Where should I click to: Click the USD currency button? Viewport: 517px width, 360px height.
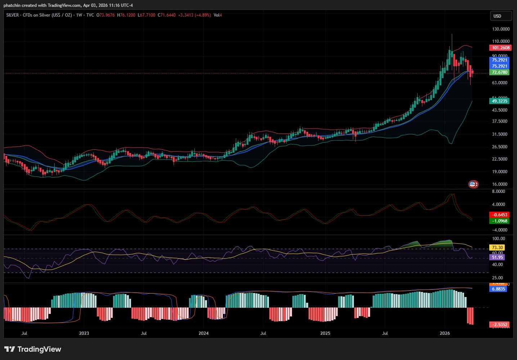coord(500,16)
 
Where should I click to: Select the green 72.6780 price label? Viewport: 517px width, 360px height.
coord(500,72)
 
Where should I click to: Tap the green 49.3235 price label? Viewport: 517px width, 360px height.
coord(500,101)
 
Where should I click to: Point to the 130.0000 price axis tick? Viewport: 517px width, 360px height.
coord(500,29)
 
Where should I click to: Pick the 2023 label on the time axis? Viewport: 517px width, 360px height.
coord(84,333)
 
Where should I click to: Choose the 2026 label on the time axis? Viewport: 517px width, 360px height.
coord(445,333)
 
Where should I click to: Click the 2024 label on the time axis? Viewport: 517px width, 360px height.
coord(204,333)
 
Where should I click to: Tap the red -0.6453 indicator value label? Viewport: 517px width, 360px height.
coord(500,215)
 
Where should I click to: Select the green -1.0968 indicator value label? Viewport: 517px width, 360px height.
coord(500,221)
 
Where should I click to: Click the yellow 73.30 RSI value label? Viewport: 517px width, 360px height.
coord(497,248)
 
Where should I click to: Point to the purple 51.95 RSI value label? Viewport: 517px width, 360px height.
coord(497,257)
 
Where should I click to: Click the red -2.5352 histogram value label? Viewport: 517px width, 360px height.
coord(500,325)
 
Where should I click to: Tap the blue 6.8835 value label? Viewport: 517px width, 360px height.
coord(498,289)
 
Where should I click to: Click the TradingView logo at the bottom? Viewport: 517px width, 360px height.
coord(33,349)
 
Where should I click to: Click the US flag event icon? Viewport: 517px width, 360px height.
coord(472,184)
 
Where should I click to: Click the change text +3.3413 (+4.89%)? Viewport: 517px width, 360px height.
coord(194,15)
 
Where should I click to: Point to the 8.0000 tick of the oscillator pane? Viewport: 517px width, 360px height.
coord(498,192)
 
